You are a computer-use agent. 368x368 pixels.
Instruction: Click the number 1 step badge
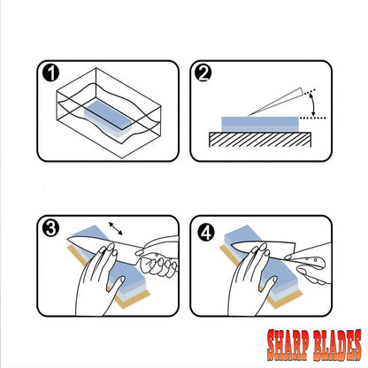50,73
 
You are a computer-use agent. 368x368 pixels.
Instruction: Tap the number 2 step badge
203,73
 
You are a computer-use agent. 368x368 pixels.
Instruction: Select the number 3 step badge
50,228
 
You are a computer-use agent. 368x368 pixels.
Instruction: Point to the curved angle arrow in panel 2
312,104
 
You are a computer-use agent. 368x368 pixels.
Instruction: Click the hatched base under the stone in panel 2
260,140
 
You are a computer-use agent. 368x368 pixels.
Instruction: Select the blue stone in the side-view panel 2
260,124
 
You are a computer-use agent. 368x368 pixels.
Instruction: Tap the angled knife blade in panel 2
276,102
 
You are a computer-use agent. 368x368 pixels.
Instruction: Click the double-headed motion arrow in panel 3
116,228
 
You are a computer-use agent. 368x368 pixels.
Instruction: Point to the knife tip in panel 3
68,237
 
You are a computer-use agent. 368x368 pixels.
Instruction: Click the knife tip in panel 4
232,245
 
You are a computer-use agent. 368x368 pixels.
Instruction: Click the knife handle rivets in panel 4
311,260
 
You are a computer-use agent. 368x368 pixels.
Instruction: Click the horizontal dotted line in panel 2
312,118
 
